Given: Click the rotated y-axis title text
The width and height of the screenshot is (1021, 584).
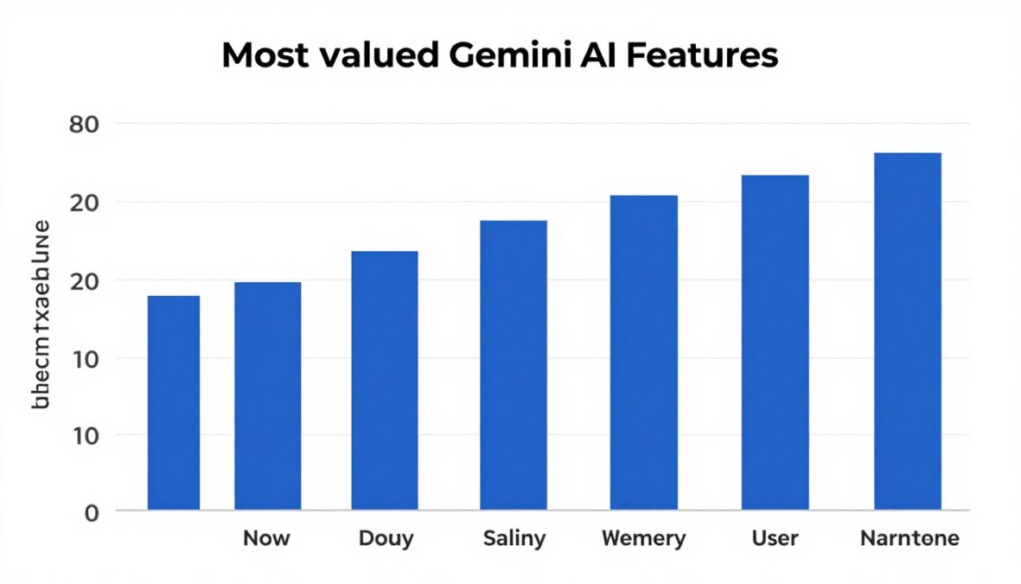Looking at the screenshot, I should [41, 313].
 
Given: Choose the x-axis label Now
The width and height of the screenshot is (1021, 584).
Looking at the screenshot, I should [266, 538].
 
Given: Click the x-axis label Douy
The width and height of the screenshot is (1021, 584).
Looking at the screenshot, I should [386, 538].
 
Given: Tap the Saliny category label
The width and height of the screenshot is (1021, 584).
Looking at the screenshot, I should [514, 538].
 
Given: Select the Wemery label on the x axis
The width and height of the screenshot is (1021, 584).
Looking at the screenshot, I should [643, 538].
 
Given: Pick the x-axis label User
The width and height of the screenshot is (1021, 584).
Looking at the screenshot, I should [775, 538].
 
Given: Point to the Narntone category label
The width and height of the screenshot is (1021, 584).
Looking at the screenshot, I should [909, 538].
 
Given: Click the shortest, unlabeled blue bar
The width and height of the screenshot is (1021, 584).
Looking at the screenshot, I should [174, 402].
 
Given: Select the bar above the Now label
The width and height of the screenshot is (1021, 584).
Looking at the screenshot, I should [268, 395].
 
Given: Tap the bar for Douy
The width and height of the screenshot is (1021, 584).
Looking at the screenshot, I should [385, 380].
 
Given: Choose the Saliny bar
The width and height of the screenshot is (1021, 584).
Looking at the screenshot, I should [514, 364].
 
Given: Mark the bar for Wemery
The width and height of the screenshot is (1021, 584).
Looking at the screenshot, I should [644, 352].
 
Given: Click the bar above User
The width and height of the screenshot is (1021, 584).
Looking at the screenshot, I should [775, 342].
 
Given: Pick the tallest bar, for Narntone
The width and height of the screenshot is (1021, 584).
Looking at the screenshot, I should [908, 331].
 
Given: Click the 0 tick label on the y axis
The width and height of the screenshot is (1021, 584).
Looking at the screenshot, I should [93, 512].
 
